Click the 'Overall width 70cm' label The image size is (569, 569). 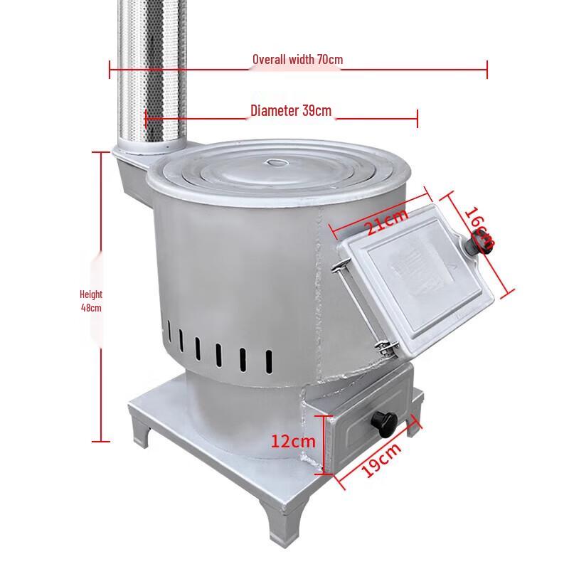[297, 59]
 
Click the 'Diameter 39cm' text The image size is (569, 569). [290, 111]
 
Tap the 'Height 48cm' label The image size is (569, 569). [91, 301]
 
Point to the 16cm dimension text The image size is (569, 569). [479, 228]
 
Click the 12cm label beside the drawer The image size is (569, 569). [292, 441]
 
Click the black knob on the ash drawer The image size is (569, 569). [386, 423]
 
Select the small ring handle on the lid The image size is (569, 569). [275, 163]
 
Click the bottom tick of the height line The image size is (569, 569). [101, 441]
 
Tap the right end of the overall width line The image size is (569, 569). [487, 69]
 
